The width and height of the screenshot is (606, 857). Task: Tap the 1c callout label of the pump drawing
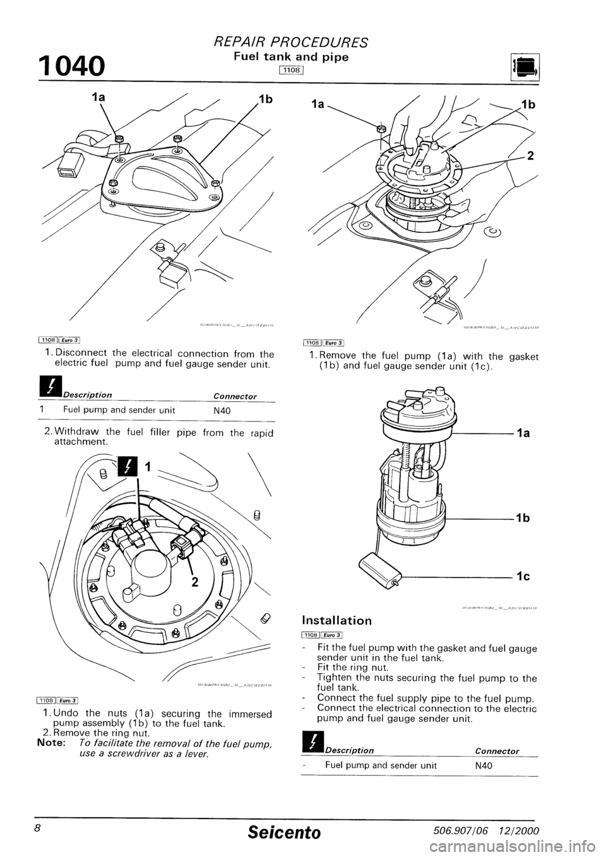522,577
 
